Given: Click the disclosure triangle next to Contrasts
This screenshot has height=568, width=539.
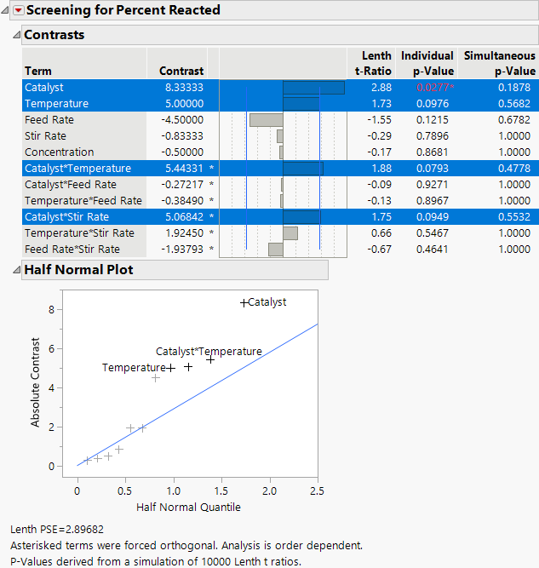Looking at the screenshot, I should click(x=15, y=35).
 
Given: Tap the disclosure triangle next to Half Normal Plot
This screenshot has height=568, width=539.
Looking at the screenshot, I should click(x=15, y=270).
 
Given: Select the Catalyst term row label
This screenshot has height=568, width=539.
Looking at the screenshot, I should click(x=44, y=87).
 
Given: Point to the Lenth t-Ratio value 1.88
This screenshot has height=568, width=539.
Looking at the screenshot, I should click(x=380, y=168).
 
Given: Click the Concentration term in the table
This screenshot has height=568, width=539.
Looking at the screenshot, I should click(x=60, y=152).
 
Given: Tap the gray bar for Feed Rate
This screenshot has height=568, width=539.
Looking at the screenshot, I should click(x=266, y=120).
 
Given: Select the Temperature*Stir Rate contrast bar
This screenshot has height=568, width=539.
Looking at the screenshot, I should click(x=290, y=232).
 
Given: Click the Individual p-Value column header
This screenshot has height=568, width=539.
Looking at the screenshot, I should click(x=427, y=63).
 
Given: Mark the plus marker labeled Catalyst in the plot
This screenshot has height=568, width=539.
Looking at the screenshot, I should click(x=244, y=302).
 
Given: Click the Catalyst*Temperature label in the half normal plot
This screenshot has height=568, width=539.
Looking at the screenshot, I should click(x=209, y=351).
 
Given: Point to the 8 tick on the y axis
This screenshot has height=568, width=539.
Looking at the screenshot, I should click(x=52, y=309).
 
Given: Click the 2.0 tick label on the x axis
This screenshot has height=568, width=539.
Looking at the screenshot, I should click(x=270, y=491).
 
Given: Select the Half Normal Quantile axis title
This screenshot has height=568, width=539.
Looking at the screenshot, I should click(x=188, y=507).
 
